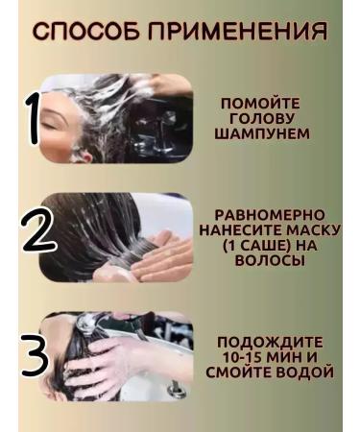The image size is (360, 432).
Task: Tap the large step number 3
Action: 35,354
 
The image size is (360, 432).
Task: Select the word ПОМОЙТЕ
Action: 260,103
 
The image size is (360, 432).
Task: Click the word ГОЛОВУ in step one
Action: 260,118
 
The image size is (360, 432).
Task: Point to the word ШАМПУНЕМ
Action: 260,133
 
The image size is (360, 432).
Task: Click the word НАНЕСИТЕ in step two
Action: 236,229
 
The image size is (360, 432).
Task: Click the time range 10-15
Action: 239,357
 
